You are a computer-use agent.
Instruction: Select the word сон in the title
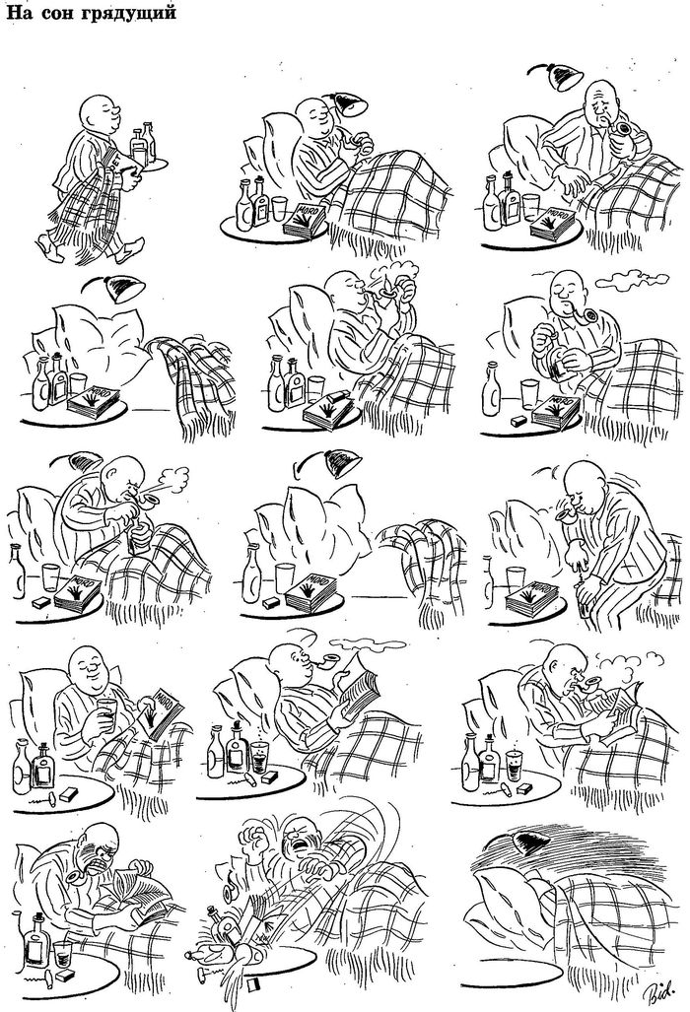pyautogui.click(x=56, y=12)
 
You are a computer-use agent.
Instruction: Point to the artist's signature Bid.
pyautogui.click(x=659, y=986)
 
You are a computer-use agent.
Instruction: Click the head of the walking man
pyautogui.click(x=100, y=115)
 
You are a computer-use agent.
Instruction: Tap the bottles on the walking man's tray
pyautogui.click(x=143, y=143)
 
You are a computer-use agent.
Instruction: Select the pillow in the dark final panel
pyautogui.click(x=510, y=904)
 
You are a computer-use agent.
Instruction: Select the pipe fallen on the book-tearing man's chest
pyautogui.click(x=76, y=879)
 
